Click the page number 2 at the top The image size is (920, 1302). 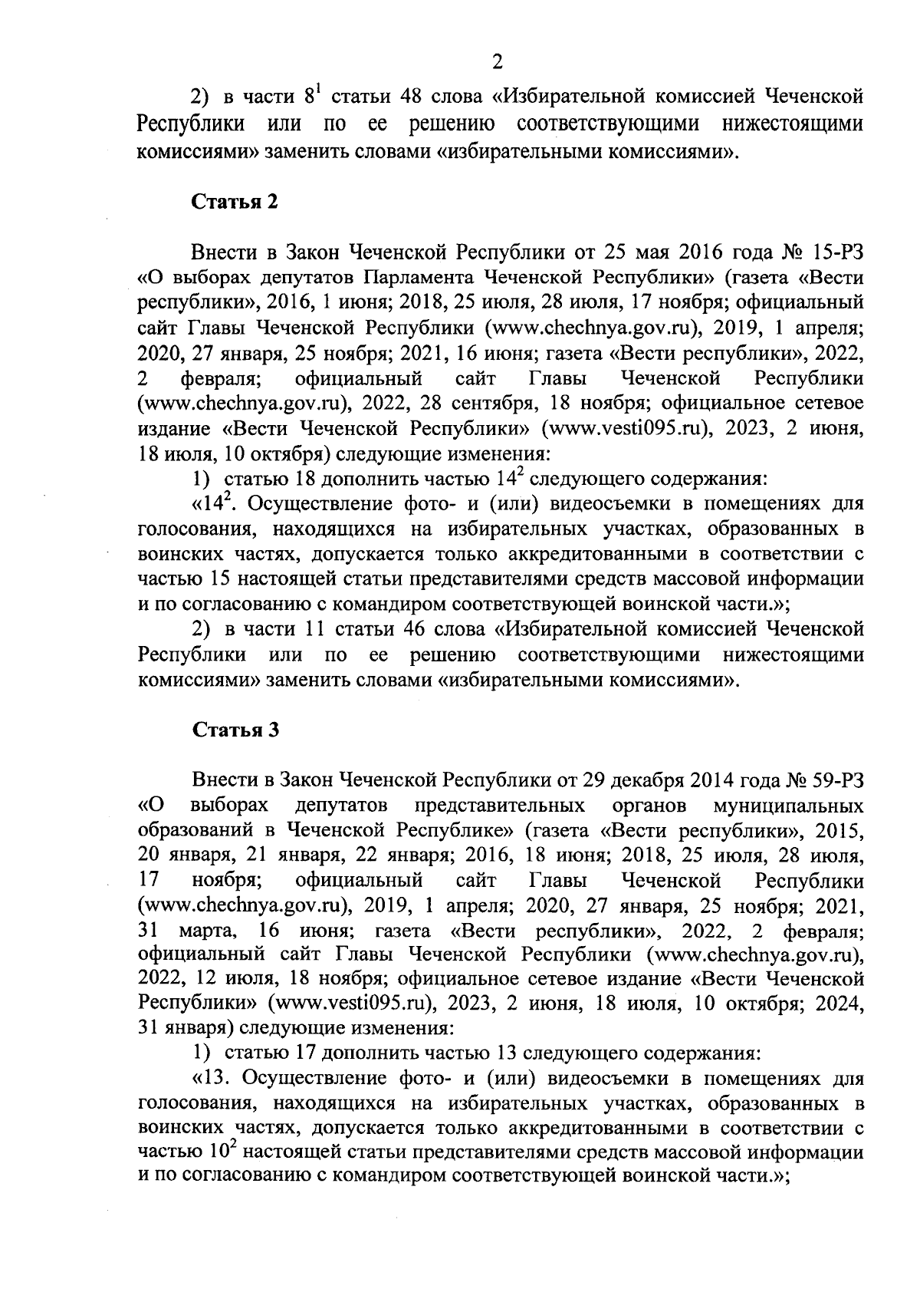(497, 62)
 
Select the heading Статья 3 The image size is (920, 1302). (234, 730)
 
